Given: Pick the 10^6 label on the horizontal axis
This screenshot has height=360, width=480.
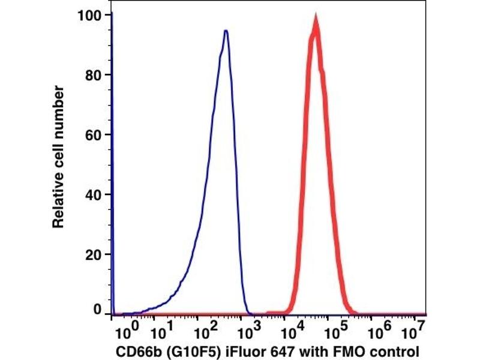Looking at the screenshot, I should (x=373, y=329).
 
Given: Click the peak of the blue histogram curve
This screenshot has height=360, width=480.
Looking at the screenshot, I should (x=226, y=31).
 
